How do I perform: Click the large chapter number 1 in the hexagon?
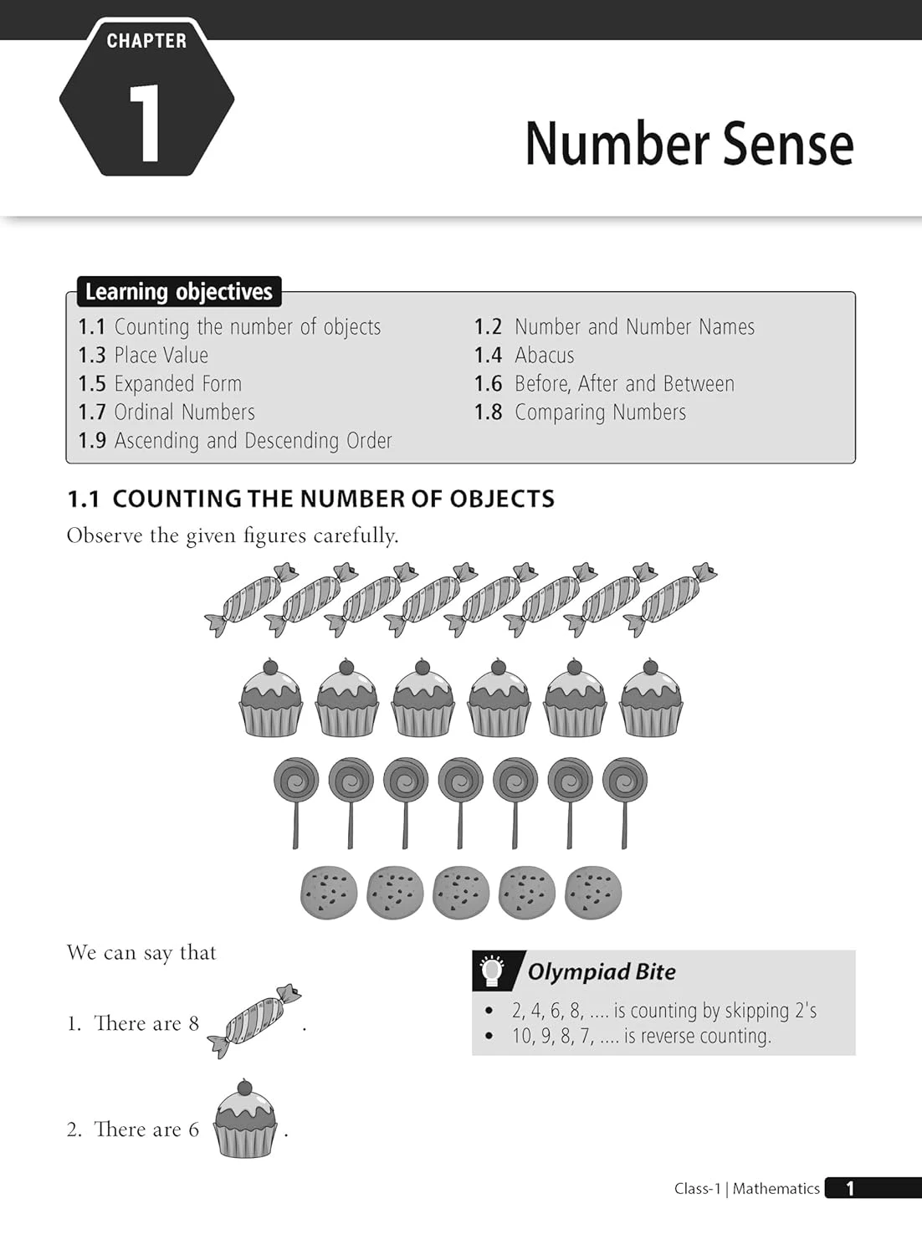click(x=146, y=122)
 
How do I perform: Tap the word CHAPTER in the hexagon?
click(x=146, y=40)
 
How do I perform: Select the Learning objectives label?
click(x=179, y=291)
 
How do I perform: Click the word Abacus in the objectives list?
click(x=544, y=356)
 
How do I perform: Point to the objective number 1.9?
click(x=92, y=441)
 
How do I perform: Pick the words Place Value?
click(x=161, y=356)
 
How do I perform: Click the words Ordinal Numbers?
click(x=184, y=412)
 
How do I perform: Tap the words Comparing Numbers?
click(x=600, y=412)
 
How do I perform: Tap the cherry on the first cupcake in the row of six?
click(x=270, y=668)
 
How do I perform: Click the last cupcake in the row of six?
click(x=651, y=699)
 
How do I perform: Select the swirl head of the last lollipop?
click(x=624, y=781)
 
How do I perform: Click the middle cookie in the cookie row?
click(x=461, y=892)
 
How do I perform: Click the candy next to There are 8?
click(x=254, y=1022)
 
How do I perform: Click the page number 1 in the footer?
click(x=850, y=1188)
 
